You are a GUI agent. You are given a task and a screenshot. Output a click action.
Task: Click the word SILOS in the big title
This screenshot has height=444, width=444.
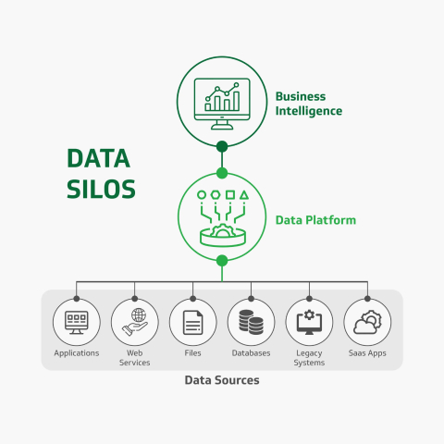(x=101, y=189)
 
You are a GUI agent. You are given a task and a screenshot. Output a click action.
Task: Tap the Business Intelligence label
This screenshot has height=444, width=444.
(x=308, y=104)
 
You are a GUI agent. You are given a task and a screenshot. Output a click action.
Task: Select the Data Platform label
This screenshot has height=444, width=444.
(x=315, y=221)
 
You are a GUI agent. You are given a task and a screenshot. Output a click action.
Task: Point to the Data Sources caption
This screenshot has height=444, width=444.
(x=221, y=380)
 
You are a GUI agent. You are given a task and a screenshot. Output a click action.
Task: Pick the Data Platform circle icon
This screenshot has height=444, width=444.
(x=222, y=216)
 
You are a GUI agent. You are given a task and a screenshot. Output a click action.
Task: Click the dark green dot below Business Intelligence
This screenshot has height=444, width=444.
(x=222, y=146)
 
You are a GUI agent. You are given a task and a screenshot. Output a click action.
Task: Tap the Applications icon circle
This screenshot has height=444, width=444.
(x=76, y=323)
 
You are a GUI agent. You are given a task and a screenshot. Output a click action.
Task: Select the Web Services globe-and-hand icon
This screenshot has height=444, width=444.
(x=134, y=323)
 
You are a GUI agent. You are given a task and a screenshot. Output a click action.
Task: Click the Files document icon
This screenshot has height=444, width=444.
(x=192, y=323)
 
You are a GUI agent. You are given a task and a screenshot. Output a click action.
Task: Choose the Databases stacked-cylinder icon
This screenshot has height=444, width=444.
(x=251, y=323)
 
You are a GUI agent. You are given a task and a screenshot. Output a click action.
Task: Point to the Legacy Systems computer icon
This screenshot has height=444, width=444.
(x=309, y=323)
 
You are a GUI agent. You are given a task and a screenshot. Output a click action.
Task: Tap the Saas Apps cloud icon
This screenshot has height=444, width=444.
(x=367, y=323)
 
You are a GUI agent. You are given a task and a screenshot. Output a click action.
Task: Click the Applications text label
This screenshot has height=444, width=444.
(x=76, y=353)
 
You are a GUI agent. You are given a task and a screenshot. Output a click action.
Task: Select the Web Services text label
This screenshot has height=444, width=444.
(x=134, y=358)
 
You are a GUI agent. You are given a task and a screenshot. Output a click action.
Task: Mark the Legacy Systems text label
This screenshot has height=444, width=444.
(x=309, y=358)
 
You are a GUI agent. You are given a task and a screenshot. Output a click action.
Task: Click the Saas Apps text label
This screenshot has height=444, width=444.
(x=367, y=353)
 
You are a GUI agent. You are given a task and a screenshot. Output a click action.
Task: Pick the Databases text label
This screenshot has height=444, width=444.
(x=251, y=353)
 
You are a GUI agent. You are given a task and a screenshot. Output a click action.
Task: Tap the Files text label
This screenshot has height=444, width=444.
(x=192, y=353)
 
